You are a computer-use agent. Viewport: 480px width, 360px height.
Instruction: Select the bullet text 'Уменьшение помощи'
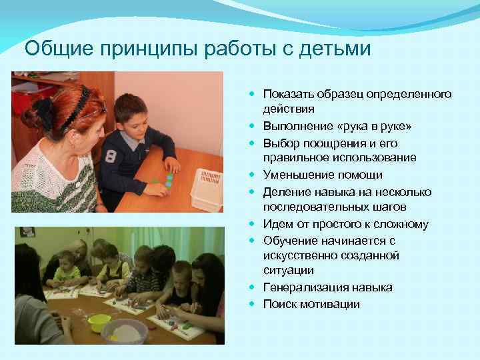(x=323, y=175)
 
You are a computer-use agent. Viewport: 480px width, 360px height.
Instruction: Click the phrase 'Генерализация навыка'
(x=327, y=287)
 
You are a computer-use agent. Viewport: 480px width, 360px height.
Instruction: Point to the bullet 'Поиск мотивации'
(x=311, y=304)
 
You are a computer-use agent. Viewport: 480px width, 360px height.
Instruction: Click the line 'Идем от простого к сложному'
(x=336, y=225)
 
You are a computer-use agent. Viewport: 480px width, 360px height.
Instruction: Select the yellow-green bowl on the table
(x=99, y=321)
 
